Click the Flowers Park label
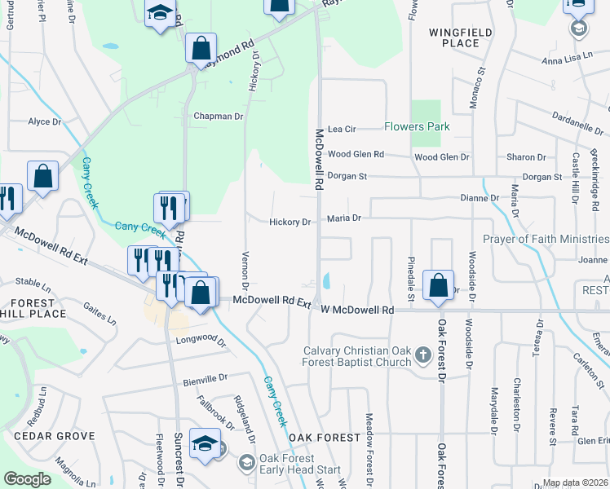pos(417,127)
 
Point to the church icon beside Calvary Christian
pos(422,355)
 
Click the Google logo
pos(27,478)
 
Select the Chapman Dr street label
pos(219,117)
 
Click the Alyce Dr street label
pos(45,121)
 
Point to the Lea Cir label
pos(342,129)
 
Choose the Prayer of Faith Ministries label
pos(546,239)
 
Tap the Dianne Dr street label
pos(480,197)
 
